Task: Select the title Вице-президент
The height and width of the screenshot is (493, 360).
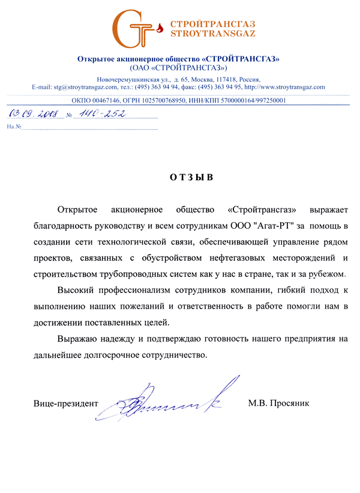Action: pos(65,404)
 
